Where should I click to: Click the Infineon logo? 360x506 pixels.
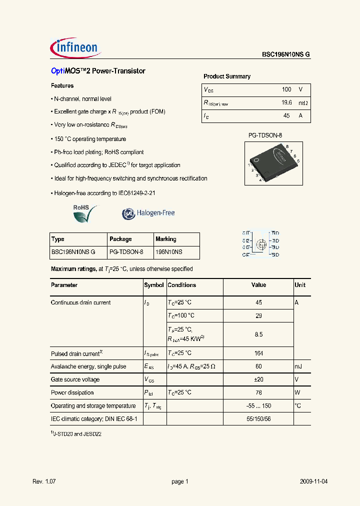pyautogui.click(x=76, y=48)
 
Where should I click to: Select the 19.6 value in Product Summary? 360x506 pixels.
pyautogui.click(x=286, y=102)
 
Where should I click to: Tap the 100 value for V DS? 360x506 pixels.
pyautogui.click(x=286, y=89)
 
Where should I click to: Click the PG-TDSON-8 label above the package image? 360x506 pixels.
pyautogui.click(x=265, y=135)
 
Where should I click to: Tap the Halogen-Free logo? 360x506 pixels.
pyautogui.click(x=148, y=213)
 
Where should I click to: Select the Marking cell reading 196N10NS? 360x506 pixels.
pyautogui.click(x=169, y=252)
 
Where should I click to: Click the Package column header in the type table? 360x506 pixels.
pyautogui.click(x=120, y=239)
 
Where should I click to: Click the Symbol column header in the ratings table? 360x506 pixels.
pyautogui.click(x=154, y=285)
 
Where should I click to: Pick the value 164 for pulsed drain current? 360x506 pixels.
pyautogui.click(x=258, y=353)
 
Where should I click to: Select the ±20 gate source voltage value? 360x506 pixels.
pyautogui.click(x=258, y=379)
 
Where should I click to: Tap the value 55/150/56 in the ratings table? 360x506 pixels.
pyautogui.click(x=258, y=418)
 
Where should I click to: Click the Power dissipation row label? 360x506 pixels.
pyautogui.click(x=72, y=392)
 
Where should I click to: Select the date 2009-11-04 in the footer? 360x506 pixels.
pyautogui.click(x=314, y=481)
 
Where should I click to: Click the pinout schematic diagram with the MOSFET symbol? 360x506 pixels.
pyautogui.click(x=260, y=243)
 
